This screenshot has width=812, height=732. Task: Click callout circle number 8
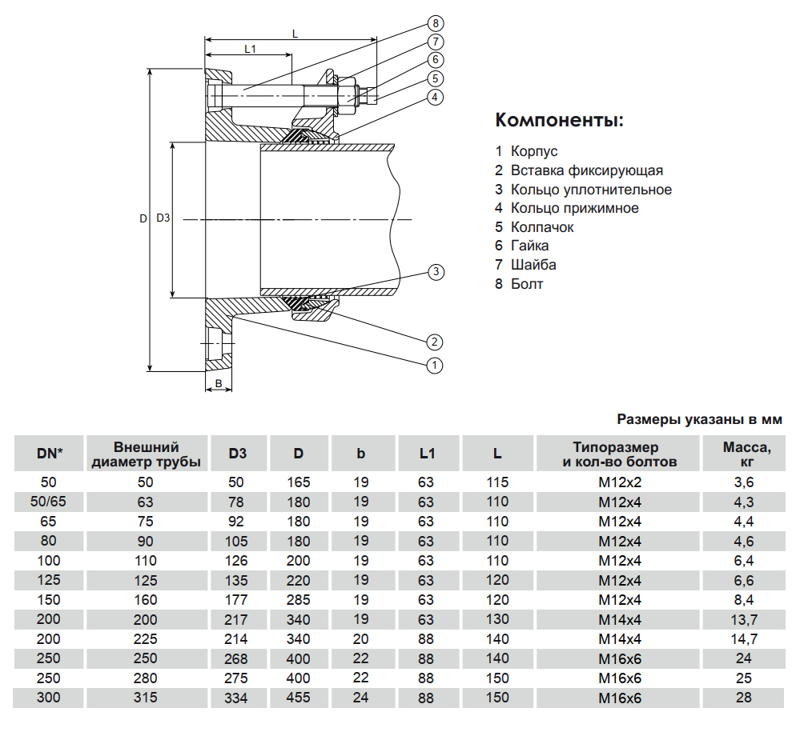point(435,22)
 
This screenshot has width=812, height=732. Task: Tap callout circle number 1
point(435,366)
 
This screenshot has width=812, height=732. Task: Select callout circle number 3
point(435,272)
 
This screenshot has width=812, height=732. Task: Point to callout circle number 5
point(435,78)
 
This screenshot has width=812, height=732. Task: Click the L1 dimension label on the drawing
point(249,49)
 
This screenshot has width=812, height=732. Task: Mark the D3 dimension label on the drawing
point(163,218)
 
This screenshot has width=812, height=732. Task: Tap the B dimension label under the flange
point(218,385)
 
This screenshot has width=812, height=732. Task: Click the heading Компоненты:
point(559,121)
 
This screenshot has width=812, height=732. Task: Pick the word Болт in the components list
point(527,284)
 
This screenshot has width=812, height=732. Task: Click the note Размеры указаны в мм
point(699,419)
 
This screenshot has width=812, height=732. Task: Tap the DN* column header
point(50,454)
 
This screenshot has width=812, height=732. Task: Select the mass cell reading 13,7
point(743,619)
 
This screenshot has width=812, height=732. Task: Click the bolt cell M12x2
point(620,482)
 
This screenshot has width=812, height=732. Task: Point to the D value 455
point(298,698)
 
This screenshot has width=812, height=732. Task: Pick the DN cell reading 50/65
point(50,502)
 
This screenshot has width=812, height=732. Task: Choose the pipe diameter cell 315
point(146,698)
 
